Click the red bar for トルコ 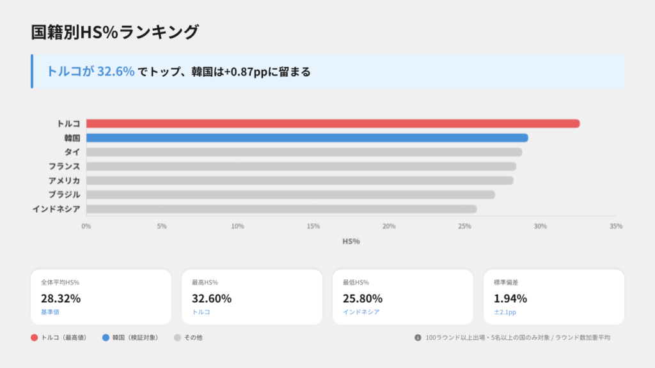[x=333, y=123]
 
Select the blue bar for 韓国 [x=307, y=137]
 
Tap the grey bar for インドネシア [x=281, y=209]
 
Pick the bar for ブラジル [x=290, y=194]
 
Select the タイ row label [x=72, y=152]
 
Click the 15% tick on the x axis [x=313, y=226]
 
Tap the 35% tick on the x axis [x=616, y=226]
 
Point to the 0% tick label [x=86, y=226]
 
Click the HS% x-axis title [x=351, y=241]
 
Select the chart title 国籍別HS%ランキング [x=115, y=32]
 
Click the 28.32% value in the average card [x=61, y=298]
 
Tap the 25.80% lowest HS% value [x=363, y=298]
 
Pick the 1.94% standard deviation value [x=510, y=298]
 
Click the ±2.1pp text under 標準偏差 [x=505, y=312]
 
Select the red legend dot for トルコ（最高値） [x=34, y=337]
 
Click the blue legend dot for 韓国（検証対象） [x=106, y=337]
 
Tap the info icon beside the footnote [x=418, y=337]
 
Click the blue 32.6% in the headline [x=116, y=72]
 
